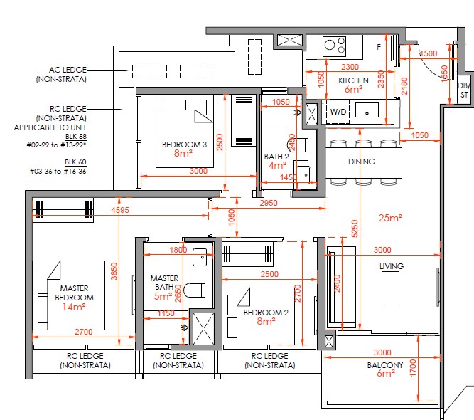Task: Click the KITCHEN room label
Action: coord(353,80)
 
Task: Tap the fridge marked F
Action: coord(378,48)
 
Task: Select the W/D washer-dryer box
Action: coord(338,112)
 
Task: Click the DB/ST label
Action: coord(464,90)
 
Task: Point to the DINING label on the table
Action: coord(362,162)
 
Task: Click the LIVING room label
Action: coord(392,266)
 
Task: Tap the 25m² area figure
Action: coord(390,217)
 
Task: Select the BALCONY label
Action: coord(385,365)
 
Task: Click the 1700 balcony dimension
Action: coord(413,368)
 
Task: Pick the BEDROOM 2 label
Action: coord(266,313)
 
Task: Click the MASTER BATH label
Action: coord(164,282)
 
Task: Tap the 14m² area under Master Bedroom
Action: coord(74,307)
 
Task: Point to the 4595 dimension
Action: coord(120,210)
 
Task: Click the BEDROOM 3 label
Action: coord(184,145)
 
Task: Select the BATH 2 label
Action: coord(276,157)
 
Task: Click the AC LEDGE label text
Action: coord(68,70)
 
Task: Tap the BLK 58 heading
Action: coord(76,136)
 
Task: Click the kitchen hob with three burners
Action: coord(334,46)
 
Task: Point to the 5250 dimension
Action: coord(355,229)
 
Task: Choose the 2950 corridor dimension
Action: coord(269,203)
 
